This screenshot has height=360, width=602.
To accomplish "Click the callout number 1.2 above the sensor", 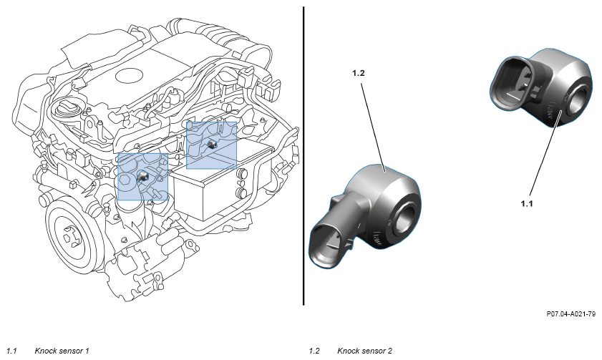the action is [x=358, y=73].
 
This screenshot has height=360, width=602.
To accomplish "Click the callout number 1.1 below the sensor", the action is [x=527, y=203].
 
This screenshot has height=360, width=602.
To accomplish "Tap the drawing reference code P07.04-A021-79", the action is [x=571, y=314].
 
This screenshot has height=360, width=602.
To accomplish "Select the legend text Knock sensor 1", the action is [x=62, y=351].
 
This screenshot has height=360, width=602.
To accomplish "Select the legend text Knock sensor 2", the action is [x=365, y=351].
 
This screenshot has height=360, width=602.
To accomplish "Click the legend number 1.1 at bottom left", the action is [x=12, y=351].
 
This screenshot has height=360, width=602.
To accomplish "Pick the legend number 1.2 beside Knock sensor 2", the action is [x=314, y=351].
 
